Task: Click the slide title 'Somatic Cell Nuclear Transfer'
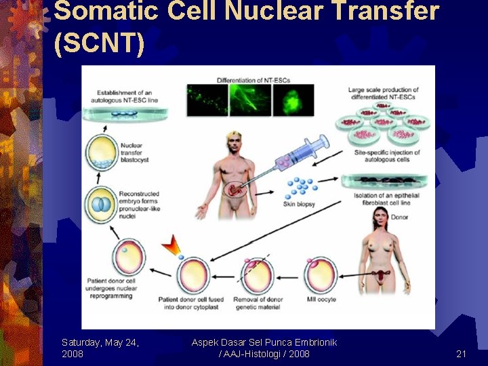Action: (247, 12)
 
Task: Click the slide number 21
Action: (462, 353)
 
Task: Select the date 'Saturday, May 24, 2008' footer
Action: (100, 348)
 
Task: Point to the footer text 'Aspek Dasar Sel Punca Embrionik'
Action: (264, 342)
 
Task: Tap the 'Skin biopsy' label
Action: (300, 203)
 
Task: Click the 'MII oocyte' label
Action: (321, 299)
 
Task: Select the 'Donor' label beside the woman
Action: (401, 217)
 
